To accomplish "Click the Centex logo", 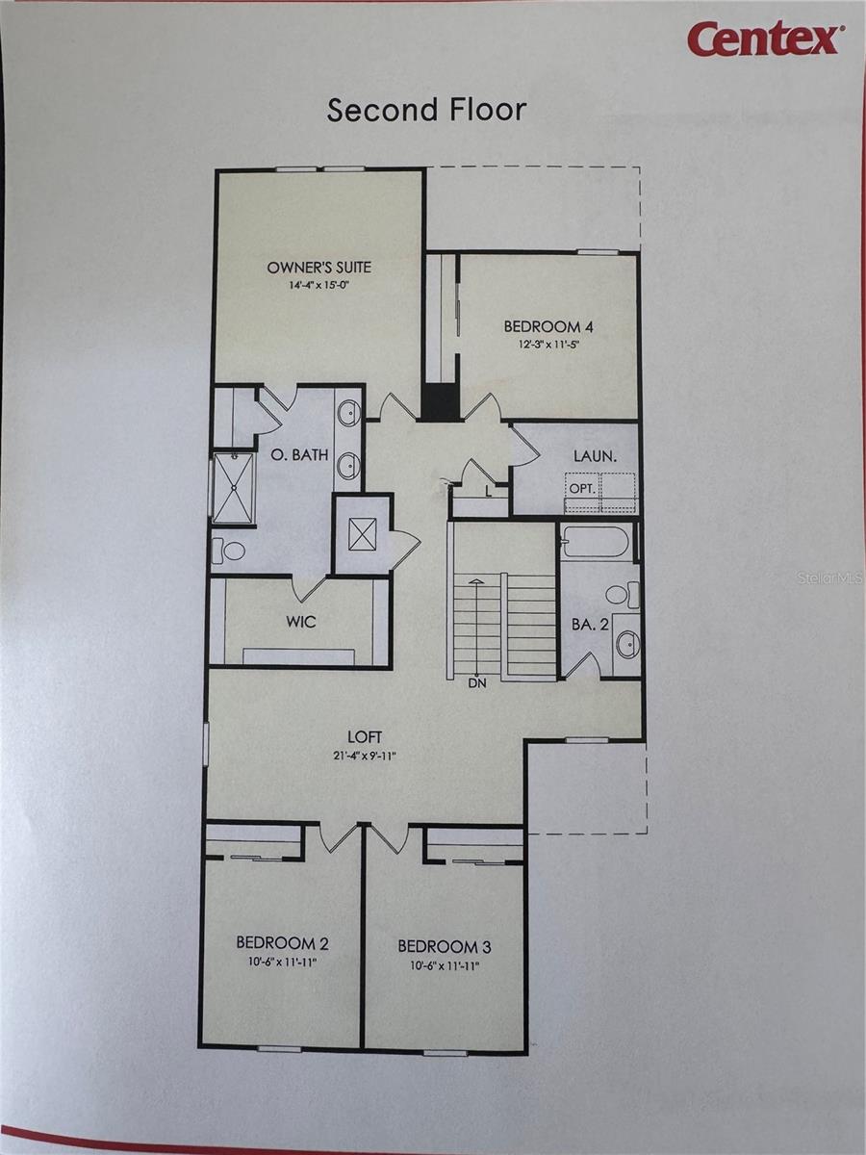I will tap(765, 39).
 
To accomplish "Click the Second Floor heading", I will tap(426, 110).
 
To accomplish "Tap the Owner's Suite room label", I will tap(318, 268).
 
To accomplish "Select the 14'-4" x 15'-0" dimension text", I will tap(318, 286).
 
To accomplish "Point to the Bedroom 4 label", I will tap(549, 326).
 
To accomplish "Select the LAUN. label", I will tap(595, 455).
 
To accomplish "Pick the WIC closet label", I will tap(301, 622).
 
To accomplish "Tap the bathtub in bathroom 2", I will tap(596, 542).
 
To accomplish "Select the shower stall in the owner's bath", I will tap(233, 488).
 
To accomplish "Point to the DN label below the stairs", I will tap(477, 685).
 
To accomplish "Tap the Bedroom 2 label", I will tap(284, 943).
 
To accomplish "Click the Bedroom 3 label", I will tap(445, 946).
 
